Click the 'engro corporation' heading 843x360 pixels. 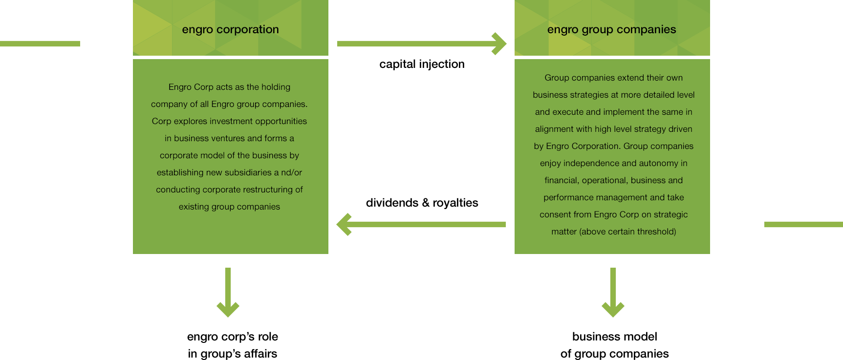click(x=230, y=29)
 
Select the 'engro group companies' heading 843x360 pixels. click(x=611, y=29)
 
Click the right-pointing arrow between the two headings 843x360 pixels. click(x=421, y=44)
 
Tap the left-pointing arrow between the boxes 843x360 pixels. click(x=421, y=225)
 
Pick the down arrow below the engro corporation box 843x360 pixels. click(x=228, y=292)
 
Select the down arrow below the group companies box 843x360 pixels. click(x=613, y=292)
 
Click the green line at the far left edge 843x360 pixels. click(x=40, y=44)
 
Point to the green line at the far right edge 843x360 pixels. click(x=803, y=225)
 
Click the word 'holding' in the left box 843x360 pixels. click(x=276, y=87)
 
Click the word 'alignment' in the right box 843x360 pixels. click(x=554, y=129)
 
